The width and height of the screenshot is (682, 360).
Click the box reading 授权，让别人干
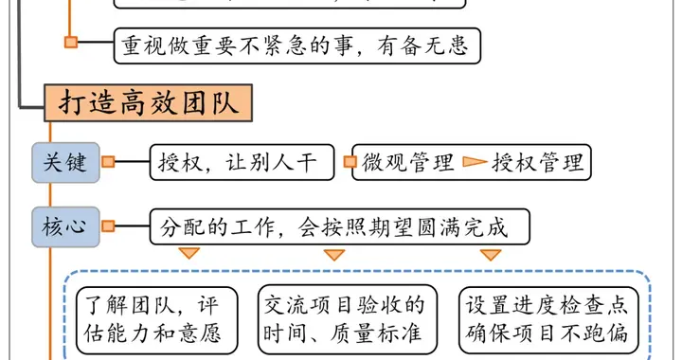tap(242, 162)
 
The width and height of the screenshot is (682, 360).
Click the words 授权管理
tap(538, 162)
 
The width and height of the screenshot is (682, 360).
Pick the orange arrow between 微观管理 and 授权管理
tap(473, 162)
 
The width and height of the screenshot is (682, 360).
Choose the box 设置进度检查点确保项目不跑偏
tap(547, 319)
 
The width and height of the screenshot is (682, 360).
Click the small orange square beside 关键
tap(108, 162)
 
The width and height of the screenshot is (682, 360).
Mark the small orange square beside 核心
tap(108, 226)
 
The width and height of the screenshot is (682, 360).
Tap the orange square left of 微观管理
tap(350, 162)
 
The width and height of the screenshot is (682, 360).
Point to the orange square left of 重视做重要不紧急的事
tap(70, 42)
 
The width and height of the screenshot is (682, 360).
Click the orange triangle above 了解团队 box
tap(189, 254)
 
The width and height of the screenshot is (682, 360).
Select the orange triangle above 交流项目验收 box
tap(333, 254)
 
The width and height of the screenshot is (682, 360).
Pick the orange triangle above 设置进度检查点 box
tap(490, 254)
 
